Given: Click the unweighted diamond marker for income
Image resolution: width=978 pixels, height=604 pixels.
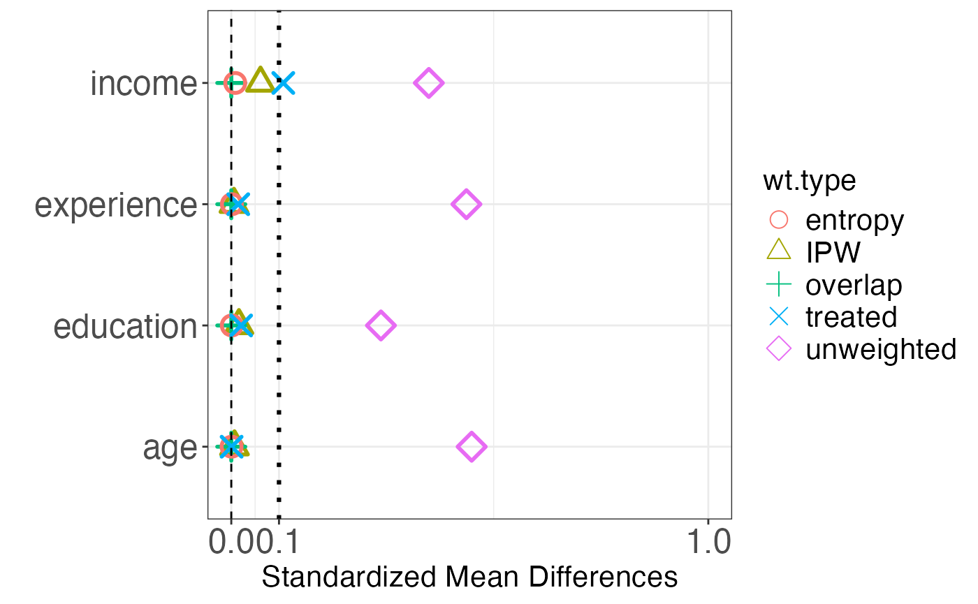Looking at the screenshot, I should pos(428,83).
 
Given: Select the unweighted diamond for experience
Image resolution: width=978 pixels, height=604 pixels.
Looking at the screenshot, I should pos(466,205).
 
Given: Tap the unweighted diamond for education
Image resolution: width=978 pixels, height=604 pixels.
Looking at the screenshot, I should pos(381,325).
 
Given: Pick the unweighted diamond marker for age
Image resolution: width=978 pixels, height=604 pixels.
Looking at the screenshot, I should pos(472,446).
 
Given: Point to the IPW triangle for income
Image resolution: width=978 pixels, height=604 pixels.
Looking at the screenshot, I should pos(260,81).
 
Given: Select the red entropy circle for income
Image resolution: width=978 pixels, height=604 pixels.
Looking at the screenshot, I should pos(235,83).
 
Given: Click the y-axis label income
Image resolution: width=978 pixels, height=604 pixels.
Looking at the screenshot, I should pos(144,84).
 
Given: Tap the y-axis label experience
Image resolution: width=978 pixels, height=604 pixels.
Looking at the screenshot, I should pos(116,205).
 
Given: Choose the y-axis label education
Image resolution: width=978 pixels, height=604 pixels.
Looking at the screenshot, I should pos(125,326).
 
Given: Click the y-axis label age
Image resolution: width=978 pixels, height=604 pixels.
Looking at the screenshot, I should pos(170,448).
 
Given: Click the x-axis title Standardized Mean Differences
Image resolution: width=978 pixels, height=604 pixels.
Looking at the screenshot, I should pos(469,577).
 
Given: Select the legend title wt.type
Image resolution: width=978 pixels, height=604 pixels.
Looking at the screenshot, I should pos(809,181).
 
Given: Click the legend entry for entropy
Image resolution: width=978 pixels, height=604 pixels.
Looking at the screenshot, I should pos(854,221).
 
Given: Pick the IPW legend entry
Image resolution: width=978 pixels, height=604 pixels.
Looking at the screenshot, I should pos(833,253).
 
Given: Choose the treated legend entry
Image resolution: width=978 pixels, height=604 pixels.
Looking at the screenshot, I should pos(851,317).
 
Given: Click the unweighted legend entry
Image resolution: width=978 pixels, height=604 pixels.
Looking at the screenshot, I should pos(880,349).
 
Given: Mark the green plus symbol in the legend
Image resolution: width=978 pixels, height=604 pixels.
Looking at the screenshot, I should pos(778,285).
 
